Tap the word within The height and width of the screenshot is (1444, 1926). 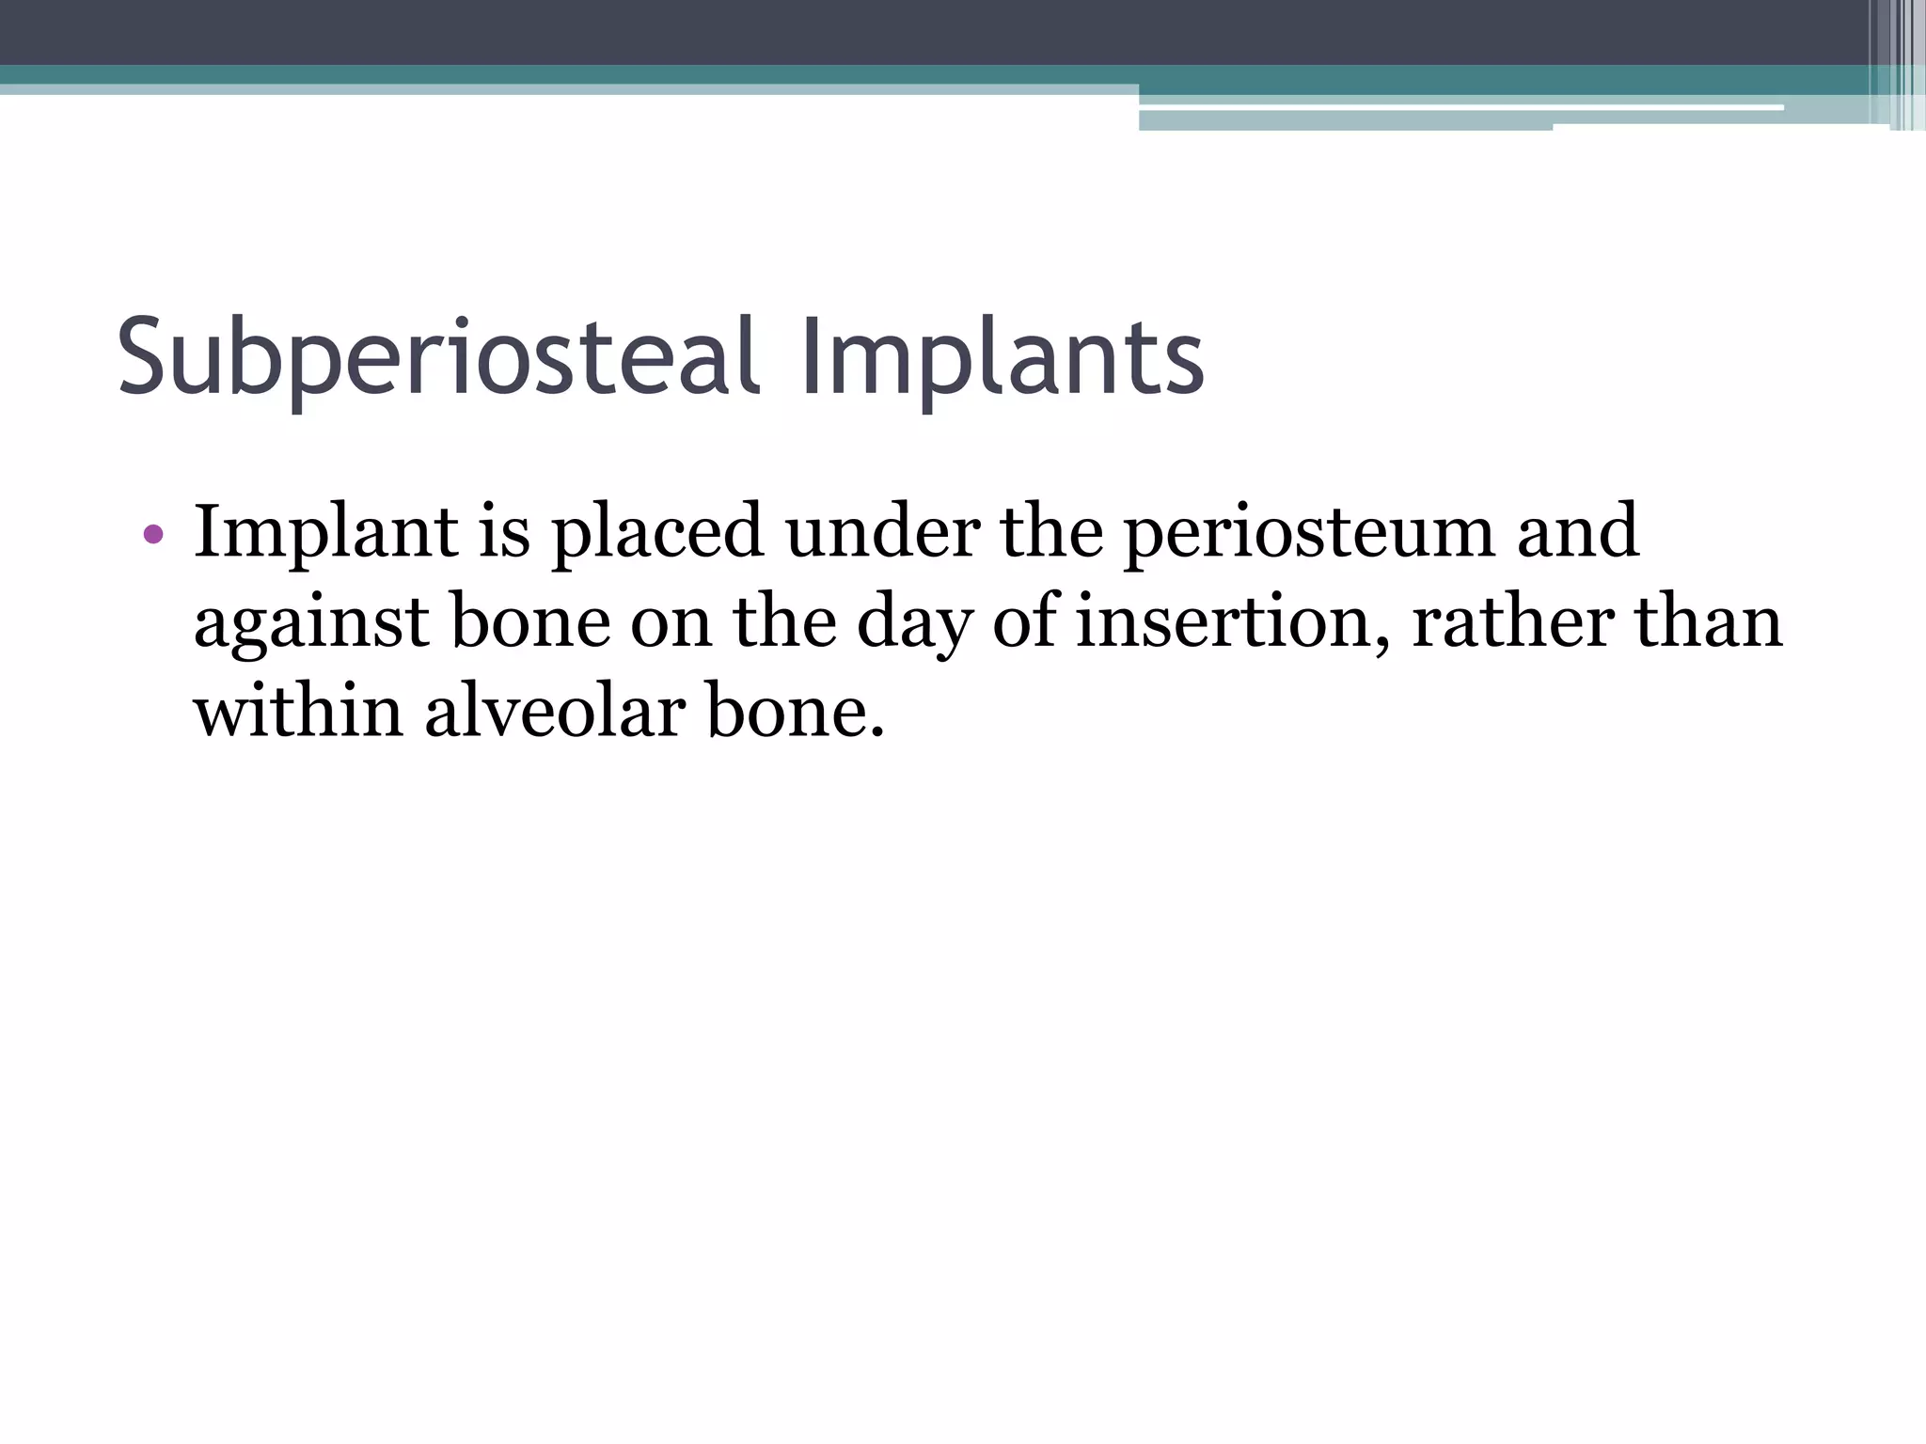coord(299,713)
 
